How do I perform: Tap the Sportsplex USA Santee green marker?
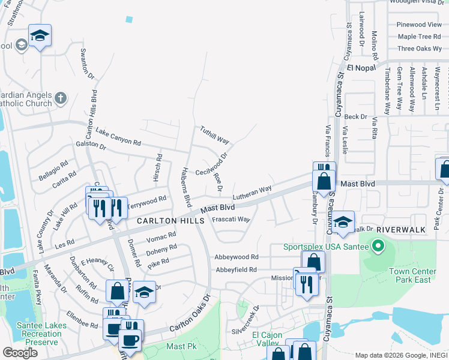[x=378, y=246]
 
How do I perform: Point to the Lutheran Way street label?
[x=252, y=191]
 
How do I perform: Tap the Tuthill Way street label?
[x=214, y=135]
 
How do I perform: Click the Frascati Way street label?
[x=231, y=220]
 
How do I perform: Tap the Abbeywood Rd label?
[x=237, y=257]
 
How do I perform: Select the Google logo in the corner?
[x=20, y=353]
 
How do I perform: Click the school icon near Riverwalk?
[x=343, y=222]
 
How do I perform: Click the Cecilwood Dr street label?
[x=215, y=163]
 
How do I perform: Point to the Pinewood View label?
[x=419, y=25]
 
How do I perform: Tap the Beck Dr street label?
[x=355, y=116]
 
